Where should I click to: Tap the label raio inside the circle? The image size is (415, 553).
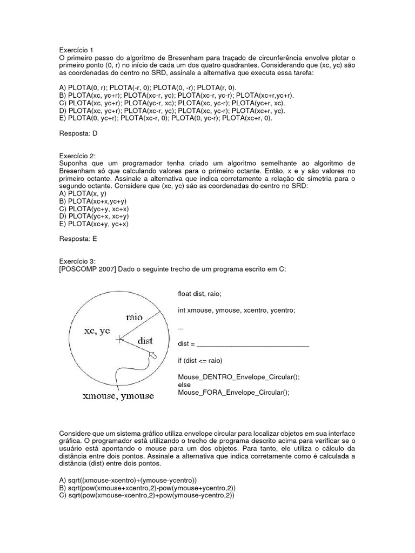pos(133,318)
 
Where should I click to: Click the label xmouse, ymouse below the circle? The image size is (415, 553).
pos(117,396)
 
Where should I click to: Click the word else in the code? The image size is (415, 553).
pos(184,385)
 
